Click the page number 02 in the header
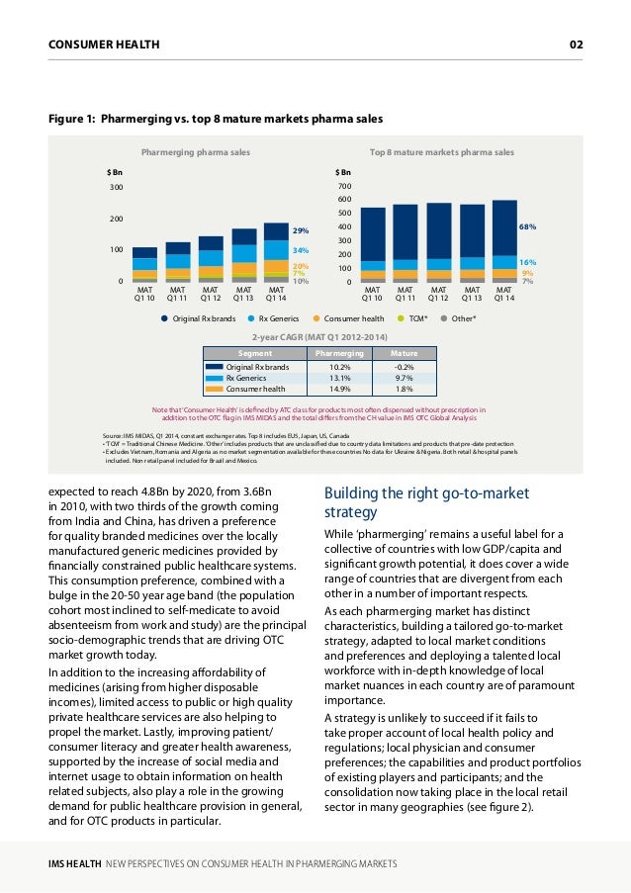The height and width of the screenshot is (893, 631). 576,45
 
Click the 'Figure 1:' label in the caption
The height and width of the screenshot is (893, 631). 72,119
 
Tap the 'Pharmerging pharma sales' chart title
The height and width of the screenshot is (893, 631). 196,152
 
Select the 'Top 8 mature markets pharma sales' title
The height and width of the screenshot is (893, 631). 442,152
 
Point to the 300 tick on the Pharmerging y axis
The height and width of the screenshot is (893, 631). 116,187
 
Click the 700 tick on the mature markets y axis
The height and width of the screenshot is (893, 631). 344,186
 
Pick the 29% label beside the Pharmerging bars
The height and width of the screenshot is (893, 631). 301,230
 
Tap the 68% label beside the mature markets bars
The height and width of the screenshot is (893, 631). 527,226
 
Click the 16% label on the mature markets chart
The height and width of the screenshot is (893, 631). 527,262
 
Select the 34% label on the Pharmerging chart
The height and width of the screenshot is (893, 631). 301,250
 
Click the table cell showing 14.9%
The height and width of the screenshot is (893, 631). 340,389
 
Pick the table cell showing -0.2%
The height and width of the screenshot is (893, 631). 404,367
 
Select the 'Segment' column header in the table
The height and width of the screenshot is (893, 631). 255,354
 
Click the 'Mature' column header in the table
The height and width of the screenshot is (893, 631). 404,354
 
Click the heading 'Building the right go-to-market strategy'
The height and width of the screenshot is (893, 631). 426,502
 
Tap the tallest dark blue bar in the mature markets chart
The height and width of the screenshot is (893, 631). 504,227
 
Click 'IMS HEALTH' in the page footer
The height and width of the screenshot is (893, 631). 74,864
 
